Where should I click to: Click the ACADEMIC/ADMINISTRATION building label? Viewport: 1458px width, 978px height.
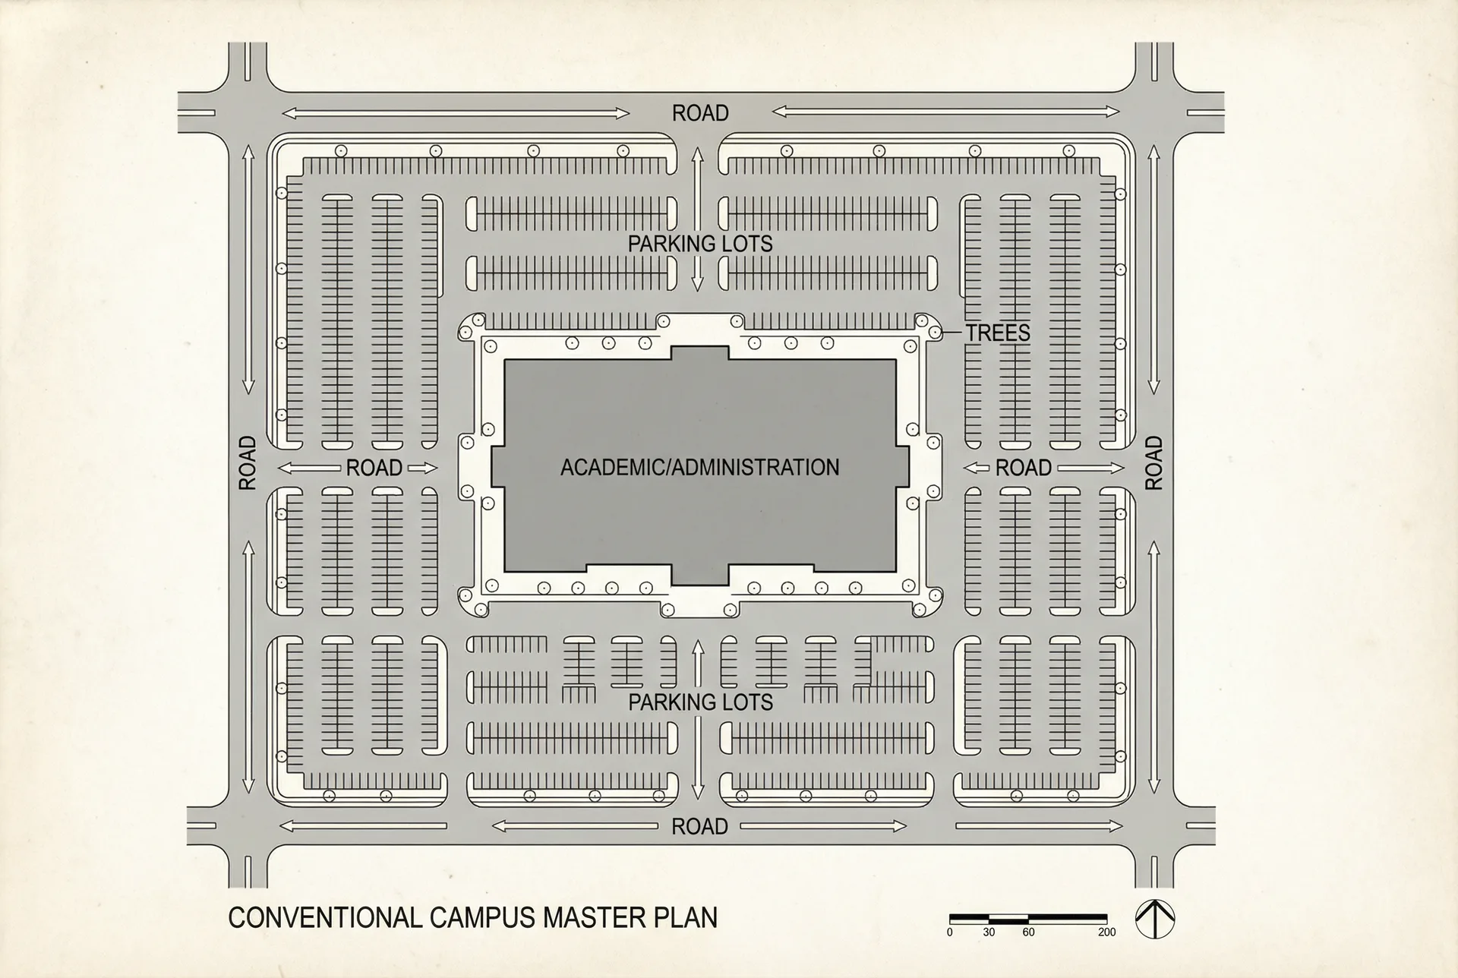click(x=699, y=467)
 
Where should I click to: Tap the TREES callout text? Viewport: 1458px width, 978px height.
click(x=997, y=333)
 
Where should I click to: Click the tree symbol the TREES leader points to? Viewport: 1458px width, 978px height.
click(x=935, y=333)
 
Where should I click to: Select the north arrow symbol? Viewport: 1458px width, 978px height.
click(x=1154, y=920)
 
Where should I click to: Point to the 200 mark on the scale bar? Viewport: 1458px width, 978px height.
click(x=1106, y=932)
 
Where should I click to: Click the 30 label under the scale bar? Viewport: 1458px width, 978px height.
click(x=989, y=932)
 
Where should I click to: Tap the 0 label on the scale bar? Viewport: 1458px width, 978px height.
click(x=949, y=932)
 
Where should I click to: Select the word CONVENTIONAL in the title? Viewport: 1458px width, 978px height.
click(x=324, y=917)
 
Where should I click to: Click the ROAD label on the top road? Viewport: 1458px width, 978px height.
click(x=699, y=113)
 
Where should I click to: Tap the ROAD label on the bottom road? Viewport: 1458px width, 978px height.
click(x=699, y=826)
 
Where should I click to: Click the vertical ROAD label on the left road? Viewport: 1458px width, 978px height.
click(x=248, y=462)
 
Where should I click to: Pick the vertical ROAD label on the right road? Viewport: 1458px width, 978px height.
click(x=1153, y=462)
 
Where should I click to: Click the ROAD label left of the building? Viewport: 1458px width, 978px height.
click(x=374, y=468)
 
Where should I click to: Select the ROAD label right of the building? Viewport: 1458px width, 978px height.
click(x=1023, y=468)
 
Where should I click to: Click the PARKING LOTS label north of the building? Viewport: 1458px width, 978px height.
click(x=699, y=244)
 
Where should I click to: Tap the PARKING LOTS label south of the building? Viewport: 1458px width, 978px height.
click(x=699, y=702)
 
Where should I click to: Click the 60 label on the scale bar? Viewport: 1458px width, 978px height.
click(x=1028, y=932)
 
